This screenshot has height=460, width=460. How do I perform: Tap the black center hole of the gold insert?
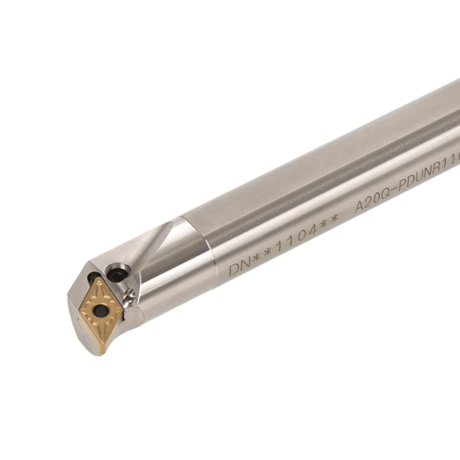[100, 310]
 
